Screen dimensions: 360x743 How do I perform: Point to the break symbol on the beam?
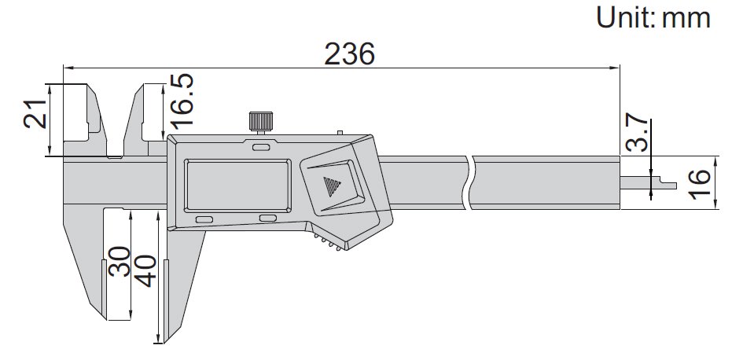470,183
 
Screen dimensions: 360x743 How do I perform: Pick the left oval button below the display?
204,218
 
